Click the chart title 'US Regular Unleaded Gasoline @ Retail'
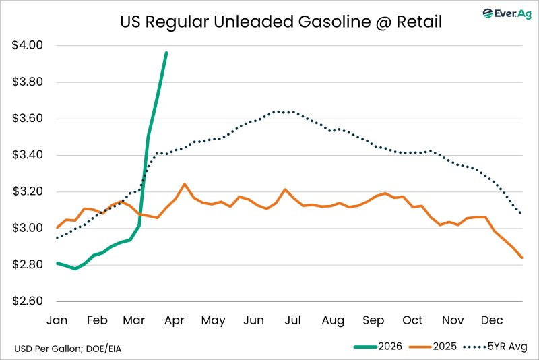pos(280,22)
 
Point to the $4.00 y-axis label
pos(28,46)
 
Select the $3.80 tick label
pos(28,82)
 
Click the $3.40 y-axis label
pos(28,155)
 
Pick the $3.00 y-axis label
pos(28,228)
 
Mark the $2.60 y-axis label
pos(28,301)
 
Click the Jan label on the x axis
pos(57,320)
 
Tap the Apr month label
pos(175,320)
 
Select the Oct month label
pos(413,320)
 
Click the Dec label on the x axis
pos(491,320)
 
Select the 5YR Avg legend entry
pos(500,347)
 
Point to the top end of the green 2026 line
pos(166,52)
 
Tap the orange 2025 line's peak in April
pos(185,183)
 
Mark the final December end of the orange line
pos(522,258)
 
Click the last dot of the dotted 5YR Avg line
pos(522,214)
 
